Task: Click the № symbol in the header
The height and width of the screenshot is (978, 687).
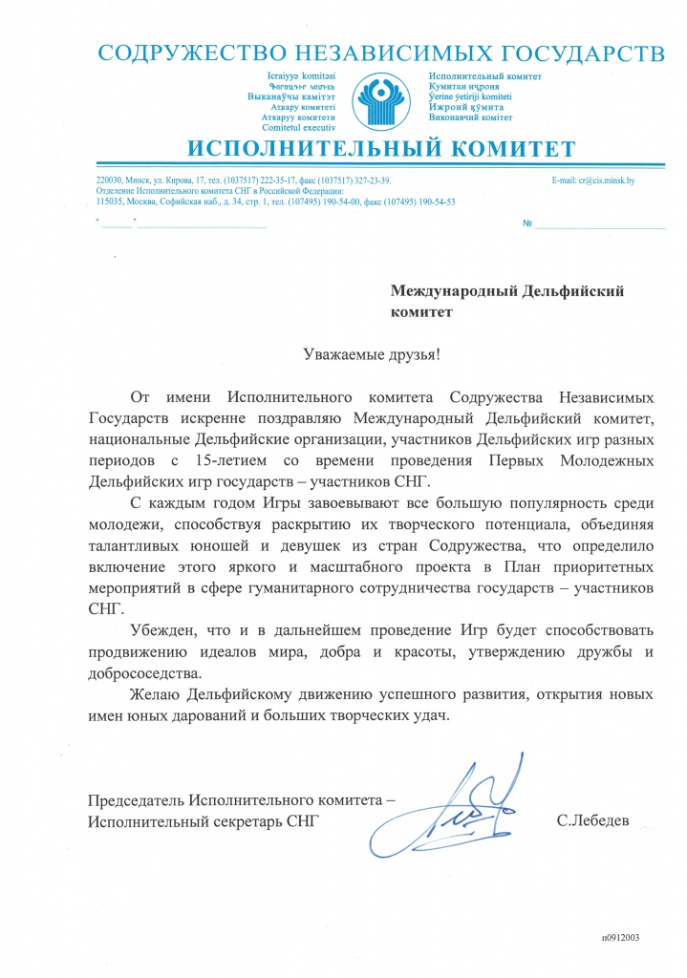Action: point(527,223)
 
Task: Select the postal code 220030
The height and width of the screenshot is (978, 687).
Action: point(110,180)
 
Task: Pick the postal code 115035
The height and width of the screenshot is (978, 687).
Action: point(110,202)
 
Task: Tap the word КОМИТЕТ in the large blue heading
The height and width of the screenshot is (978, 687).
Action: point(505,150)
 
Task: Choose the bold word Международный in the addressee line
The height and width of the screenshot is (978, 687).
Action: point(452,291)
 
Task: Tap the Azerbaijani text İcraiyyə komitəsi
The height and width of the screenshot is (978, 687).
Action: point(304,75)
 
